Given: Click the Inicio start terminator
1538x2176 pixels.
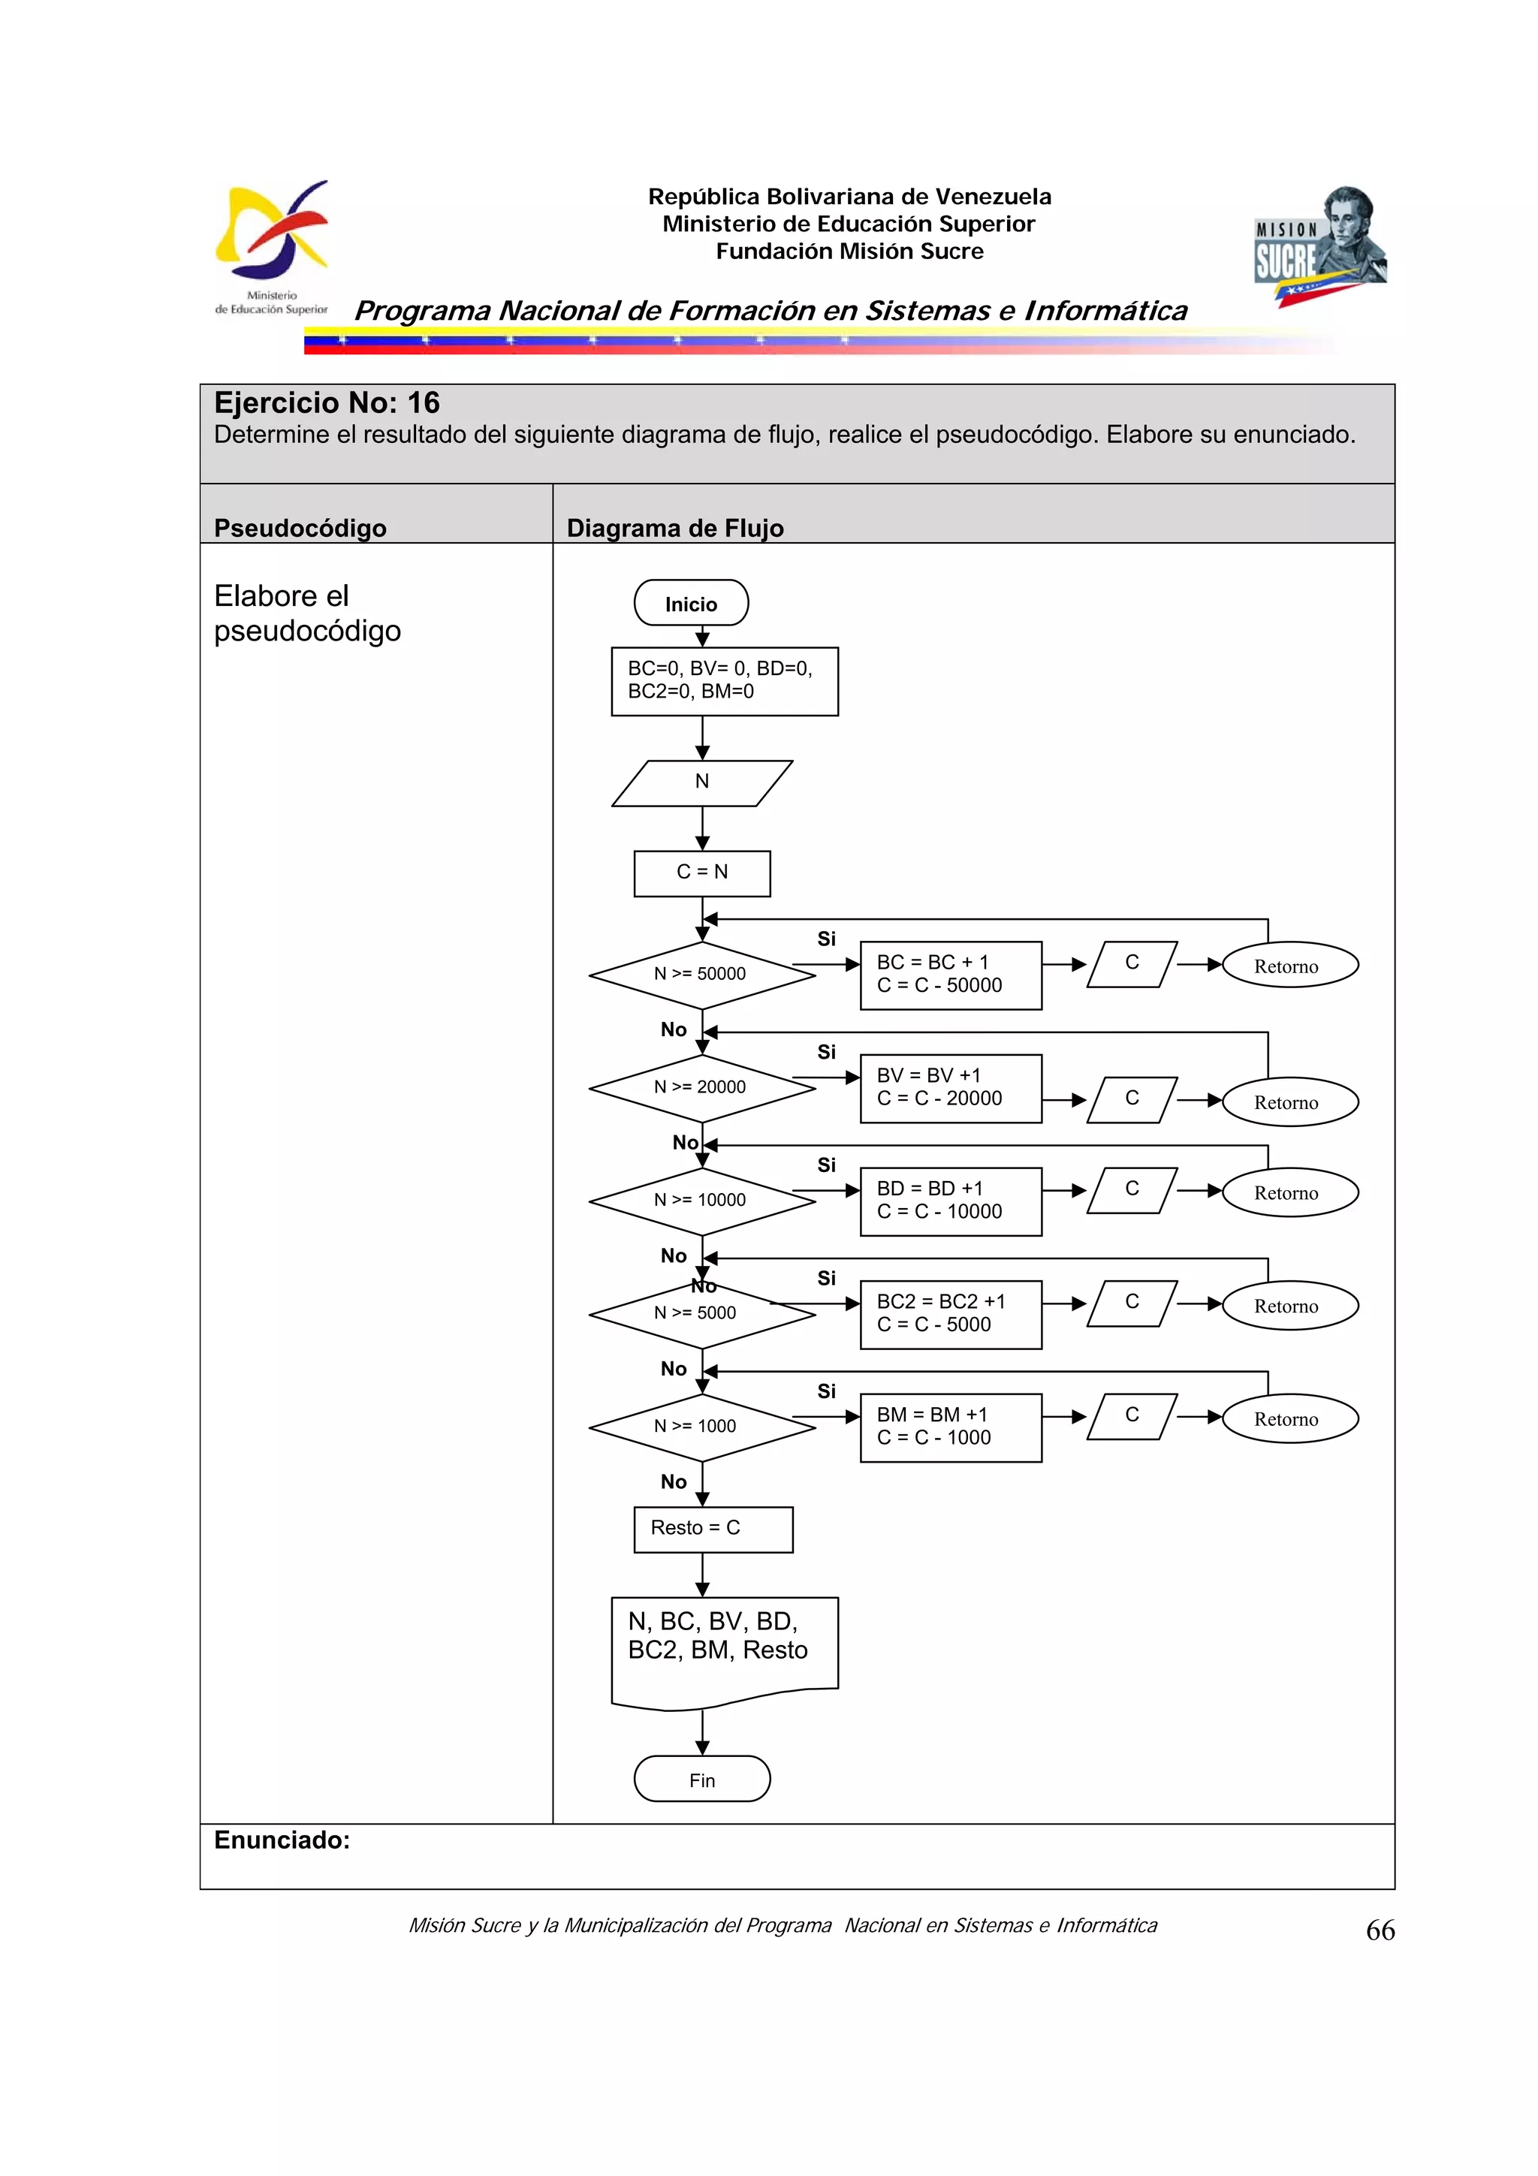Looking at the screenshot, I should (x=691, y=603).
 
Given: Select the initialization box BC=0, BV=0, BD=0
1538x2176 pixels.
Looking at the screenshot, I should (x=724, y=680).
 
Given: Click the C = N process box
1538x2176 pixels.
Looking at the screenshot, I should (x=701, y=873).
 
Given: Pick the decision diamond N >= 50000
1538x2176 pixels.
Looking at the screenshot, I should (x=701, y=975).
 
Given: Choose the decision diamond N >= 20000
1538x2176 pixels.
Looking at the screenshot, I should (x=701, y=1087).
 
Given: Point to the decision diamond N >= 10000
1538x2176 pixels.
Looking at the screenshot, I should (x=701, y=1200).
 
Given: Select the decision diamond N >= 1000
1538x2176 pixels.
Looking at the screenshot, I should (x=701, y=1427).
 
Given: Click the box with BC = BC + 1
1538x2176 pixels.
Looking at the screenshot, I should (x=951, y=975).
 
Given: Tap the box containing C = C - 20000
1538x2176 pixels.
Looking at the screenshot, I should (x=951, y=1088).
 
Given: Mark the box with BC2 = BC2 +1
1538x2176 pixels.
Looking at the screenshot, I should (x=951, y=1313).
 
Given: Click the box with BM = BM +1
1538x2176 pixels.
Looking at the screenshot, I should (x=951, y=1427).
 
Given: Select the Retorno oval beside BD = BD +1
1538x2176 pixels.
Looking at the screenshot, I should (x=1289, y=1192).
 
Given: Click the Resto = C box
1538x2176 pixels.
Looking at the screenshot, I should (x=713, y=1529).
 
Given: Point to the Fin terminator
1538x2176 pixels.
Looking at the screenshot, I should (x=701, y=1779).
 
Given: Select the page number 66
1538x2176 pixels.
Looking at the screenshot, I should (x=1380, y=1930).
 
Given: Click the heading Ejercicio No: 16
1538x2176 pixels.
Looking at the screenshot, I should (x=327, y=402).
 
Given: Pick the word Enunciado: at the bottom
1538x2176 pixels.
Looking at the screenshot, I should (x=282, y=1840).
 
